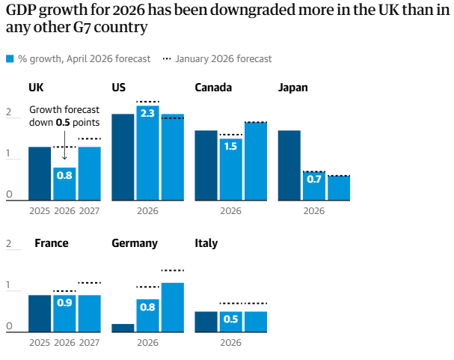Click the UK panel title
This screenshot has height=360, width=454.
click(x=36, y=88)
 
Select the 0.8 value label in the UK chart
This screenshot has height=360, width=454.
click(x=64, y=175)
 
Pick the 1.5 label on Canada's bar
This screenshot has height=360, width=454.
click(x=230, y=146)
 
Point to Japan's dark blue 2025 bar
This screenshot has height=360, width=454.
click(x=289, y=165)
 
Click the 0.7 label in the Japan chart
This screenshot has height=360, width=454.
click(x=314, y=180)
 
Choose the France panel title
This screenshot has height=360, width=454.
click(x=52, y=243)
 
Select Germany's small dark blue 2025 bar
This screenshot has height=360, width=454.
click(x=123, y=327)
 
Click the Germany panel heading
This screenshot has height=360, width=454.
click(x=135, y=243)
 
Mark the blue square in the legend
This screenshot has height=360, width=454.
click(x=9, y=59)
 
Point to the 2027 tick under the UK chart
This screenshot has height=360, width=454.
click(x=89, y=211)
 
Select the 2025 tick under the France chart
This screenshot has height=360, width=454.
click(x=40, y=343)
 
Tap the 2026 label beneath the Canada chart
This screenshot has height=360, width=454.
click(x=230, y=211)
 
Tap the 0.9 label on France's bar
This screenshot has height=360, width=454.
click(x=64, y=303)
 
